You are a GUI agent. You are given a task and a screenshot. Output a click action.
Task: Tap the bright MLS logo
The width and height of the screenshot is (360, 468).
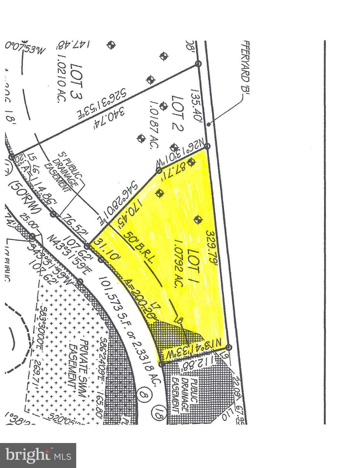coord(38,455)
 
